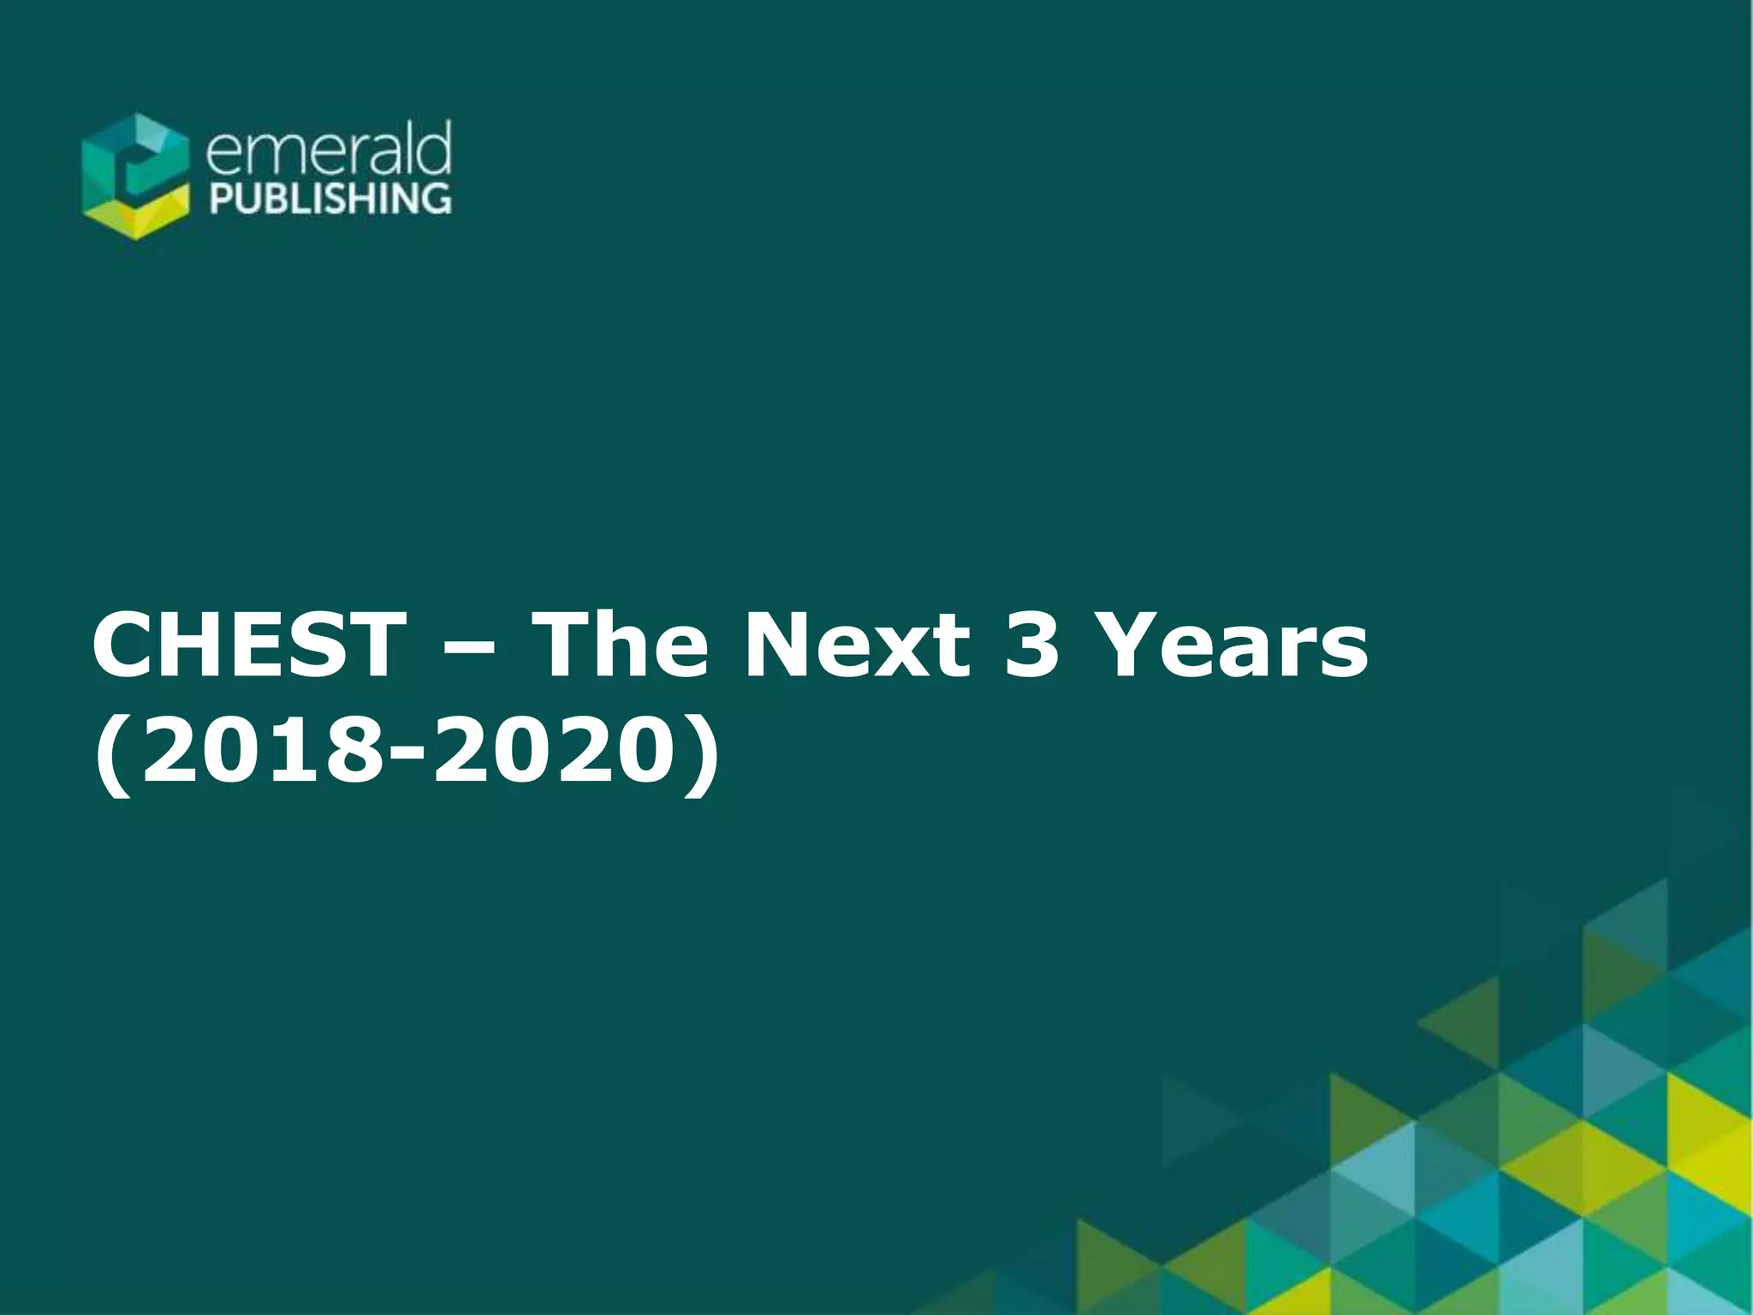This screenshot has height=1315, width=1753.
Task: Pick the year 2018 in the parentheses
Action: click(261, 751)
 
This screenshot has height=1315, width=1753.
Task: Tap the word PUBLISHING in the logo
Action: click(330, 198)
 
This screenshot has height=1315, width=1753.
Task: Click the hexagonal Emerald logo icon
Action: click(135, 176)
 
